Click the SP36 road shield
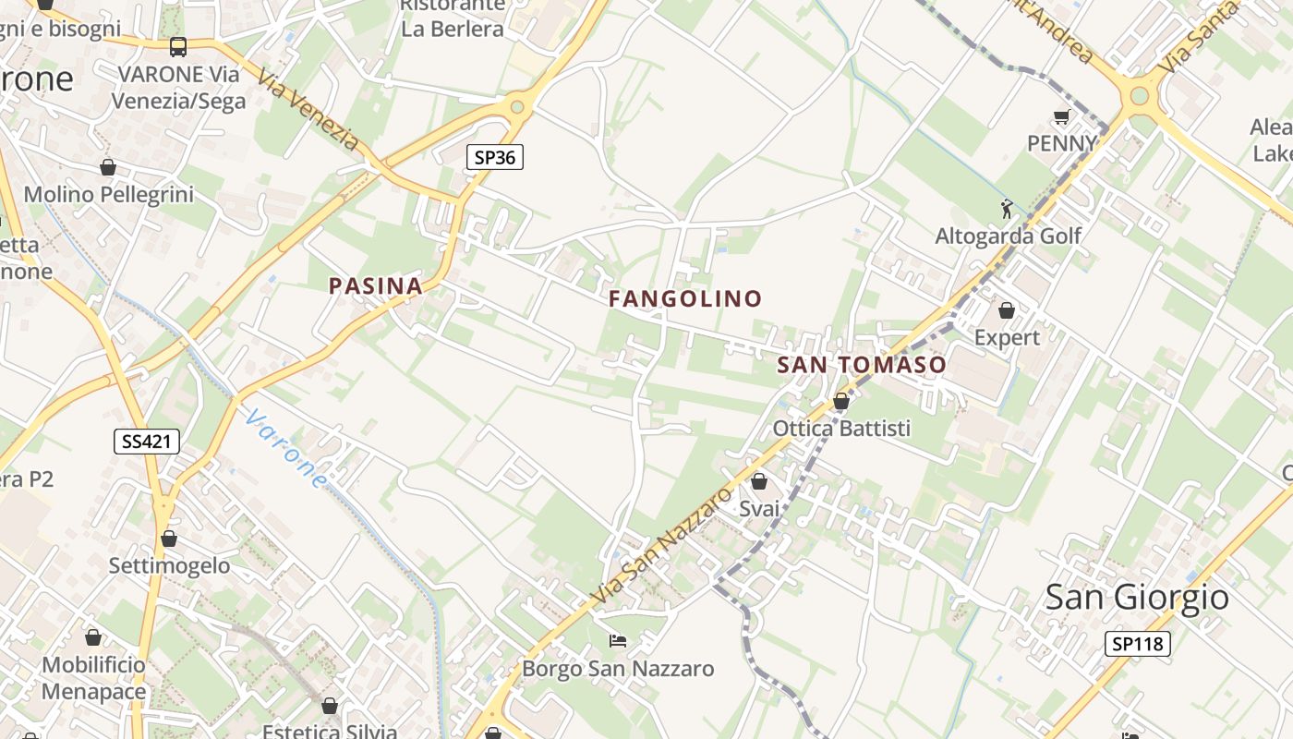pos(494,157)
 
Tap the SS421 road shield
pos(147,442)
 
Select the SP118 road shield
pos(1137,644)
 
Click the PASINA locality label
pos(376,286)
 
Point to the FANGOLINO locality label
pos(685,298)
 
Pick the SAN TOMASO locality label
pos(862,365)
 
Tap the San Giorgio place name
pos(1137,598)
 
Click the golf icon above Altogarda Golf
pos(1007,210)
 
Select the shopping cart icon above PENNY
pos(1061,117)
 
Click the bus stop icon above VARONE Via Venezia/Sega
pos(178,47)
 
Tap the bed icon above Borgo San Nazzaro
pos(618,641)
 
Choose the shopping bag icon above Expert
pos(1007,310)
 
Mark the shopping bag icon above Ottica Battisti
pos(841,401)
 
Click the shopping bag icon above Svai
pos(759,481)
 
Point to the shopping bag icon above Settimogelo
pos(169,538)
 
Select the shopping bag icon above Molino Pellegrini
pos(108,167)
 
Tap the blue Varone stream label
pos(286,449)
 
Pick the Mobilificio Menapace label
pos(93,678)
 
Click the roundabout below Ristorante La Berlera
pos(517,107)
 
